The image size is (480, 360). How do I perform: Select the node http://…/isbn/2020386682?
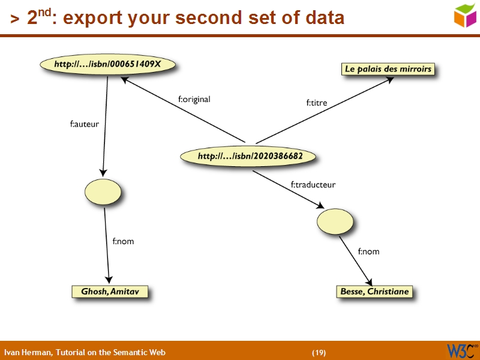(250, 157)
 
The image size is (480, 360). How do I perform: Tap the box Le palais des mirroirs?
(388, 69)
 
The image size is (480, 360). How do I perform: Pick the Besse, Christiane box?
(374, 292)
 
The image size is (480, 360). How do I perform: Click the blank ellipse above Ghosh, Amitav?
(103, 192)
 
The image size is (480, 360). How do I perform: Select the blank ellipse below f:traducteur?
(335, 221)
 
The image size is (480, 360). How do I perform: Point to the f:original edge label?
(194, 99)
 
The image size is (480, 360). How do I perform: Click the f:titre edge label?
(317, 103)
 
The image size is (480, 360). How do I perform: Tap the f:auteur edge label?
(84, 125)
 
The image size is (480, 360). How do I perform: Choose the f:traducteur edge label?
(313, 185)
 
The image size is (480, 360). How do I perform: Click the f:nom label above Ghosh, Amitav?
(123, 241)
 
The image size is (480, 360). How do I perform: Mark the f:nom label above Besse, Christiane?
(368, 251)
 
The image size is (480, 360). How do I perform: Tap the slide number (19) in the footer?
(319, 352)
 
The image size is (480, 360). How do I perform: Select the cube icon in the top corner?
(465, 16)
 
